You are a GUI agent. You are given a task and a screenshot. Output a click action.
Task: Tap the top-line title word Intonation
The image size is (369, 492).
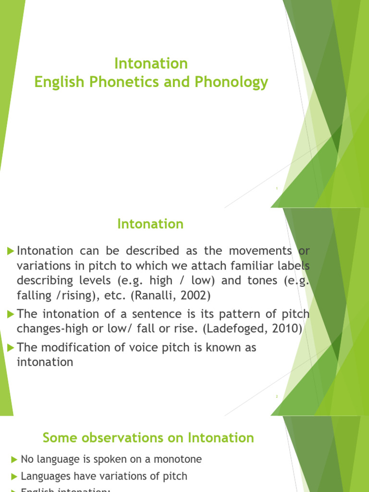150,63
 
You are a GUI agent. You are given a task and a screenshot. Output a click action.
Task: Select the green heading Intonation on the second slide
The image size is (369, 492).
150,224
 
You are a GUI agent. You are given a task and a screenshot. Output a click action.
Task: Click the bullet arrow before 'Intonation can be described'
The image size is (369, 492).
11,251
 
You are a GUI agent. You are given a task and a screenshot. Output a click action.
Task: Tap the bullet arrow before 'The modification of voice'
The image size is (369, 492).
11,348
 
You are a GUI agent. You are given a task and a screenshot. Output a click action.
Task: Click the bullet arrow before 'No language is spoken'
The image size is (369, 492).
14,460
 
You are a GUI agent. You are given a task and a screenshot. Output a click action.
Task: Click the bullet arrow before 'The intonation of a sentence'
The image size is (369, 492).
11,314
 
